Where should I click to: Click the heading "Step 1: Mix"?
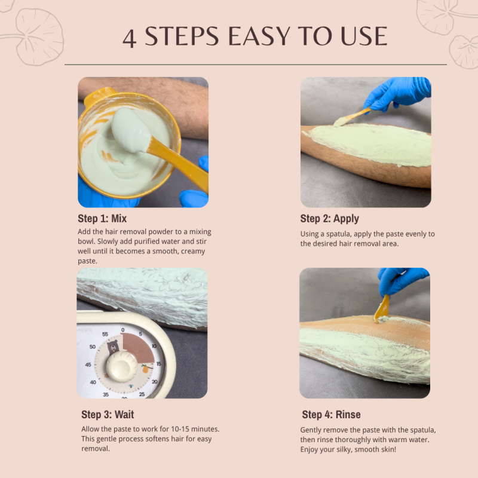coord(102,218)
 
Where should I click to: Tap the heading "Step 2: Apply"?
coord(330,218)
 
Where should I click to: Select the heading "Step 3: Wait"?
coord(108,414)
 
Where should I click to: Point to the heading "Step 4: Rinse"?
coord(331,414)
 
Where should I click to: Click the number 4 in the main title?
coord(130,38)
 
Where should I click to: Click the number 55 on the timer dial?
coord(105,335)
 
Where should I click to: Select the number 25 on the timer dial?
coord(142,394)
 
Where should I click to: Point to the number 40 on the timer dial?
coord(93,382)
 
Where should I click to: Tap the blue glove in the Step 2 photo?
coord(397,93)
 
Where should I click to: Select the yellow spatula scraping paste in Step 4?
coord(381,309)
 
